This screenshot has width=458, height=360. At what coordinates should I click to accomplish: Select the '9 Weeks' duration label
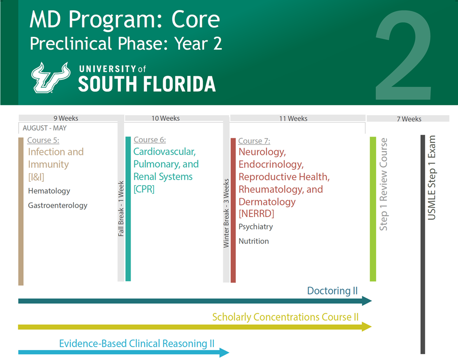[x=65, y=118]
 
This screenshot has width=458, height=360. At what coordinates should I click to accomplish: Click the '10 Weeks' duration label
[x=165, y=118]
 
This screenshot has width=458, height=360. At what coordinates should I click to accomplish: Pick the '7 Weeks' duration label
[x=409, y=119]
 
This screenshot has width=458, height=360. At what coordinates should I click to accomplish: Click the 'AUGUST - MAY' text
[x=45, y=128]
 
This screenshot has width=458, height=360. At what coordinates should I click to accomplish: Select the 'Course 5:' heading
[x=43, y=141]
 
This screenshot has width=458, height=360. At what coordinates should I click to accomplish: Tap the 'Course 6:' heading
[x=150, y=140]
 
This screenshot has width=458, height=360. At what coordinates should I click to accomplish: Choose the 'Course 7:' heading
[x=254, y=141]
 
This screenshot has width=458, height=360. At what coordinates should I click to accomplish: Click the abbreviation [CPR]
[x=144, y=189]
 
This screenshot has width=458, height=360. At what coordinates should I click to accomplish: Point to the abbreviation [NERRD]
[x=256, y=214]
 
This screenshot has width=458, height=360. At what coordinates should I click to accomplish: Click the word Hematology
[x=49, y=191]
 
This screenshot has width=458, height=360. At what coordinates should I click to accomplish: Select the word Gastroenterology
[x=58, y=206]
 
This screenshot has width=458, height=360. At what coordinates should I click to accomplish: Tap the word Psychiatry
[x=256, y=227]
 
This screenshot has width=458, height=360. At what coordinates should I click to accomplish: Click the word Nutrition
[x=254, y=241]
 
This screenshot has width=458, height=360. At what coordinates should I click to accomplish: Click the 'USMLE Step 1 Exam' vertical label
[x=431, y=178]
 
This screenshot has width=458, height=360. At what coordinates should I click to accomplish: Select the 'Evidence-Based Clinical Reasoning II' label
[x=136, y=344]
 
